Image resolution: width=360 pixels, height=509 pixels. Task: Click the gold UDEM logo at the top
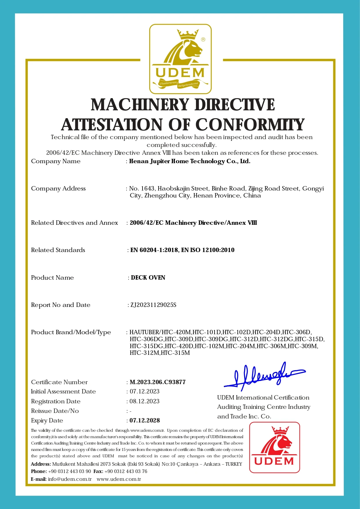(180, 59)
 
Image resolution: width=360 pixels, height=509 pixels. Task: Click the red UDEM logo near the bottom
(275, 447)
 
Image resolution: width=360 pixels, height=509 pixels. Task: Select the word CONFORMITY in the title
(250, 125)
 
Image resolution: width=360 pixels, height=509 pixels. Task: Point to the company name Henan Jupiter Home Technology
(190, 161)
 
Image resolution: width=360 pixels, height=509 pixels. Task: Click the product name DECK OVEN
(148, 278)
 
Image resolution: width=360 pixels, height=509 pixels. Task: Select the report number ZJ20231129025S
(153, 305)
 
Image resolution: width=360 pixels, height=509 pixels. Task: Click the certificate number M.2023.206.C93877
(158, 382)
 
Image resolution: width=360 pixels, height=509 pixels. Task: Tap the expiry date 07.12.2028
(145, 420)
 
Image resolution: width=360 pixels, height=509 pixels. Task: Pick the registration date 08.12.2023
(145, 401)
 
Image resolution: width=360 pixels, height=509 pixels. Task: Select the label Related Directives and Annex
(74, 223)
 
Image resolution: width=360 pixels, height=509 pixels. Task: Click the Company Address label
(58, 188)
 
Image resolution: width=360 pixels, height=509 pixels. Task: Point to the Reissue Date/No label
(55, 411)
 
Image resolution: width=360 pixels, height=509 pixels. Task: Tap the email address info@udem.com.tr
(70, 479)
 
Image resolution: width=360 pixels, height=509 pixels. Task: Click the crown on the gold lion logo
(188, 34)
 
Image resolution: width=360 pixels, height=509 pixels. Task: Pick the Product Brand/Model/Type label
(71, 332)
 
